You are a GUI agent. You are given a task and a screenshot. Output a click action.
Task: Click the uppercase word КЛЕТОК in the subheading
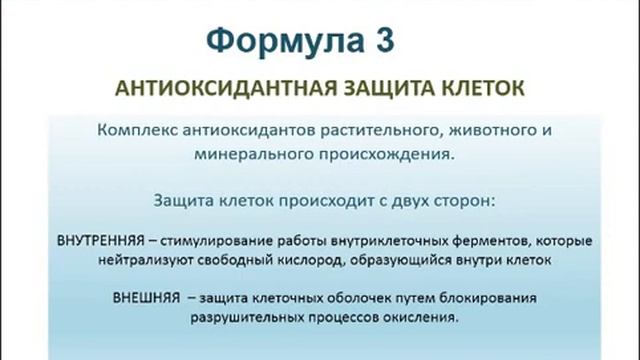[x=482, y=88]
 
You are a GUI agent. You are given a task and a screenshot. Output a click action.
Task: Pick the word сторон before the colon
[x=463, y=199]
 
